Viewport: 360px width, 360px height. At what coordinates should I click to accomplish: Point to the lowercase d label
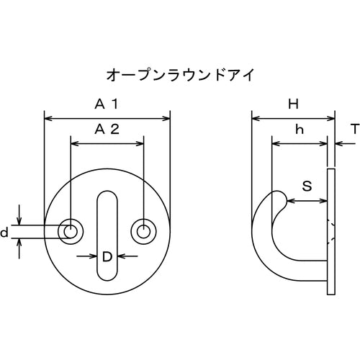(5, 233)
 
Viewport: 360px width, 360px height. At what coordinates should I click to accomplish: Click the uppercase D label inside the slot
(107, 256)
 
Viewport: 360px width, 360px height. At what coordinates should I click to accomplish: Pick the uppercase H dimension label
(293, 104)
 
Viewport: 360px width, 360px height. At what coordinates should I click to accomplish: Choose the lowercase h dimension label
(299, 130)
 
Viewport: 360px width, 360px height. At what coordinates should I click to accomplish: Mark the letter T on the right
(354, 130)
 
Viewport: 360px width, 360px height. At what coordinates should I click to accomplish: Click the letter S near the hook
(307, 186)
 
